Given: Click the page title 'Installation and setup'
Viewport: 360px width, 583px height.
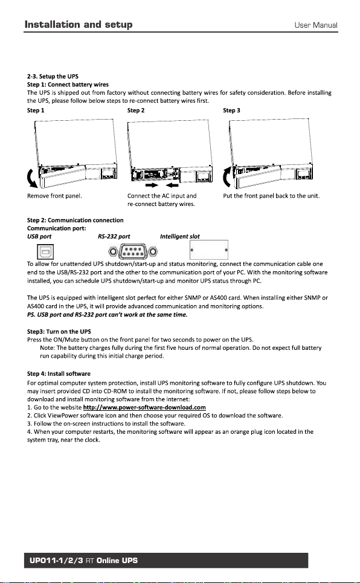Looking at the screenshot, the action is [x=79, y=25].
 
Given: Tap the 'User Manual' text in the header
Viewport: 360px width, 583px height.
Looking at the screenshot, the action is [x=316, y=25].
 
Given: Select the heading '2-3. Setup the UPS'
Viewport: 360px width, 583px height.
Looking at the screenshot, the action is [x=53, y=76].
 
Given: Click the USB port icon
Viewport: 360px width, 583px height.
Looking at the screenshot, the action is [x=45, y=252].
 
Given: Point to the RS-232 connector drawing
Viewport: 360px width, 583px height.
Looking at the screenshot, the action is [x=133, y=252].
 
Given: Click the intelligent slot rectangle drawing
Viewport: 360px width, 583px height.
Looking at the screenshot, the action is [x=209, y=250].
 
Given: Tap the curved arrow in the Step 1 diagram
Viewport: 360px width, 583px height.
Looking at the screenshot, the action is [x=31, y=178].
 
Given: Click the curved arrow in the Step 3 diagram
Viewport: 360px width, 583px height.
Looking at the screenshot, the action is [x=227, y=178].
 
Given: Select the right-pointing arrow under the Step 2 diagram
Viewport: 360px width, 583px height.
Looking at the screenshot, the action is [x=152, y=185].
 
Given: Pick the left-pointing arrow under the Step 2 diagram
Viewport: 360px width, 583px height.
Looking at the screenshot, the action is [x=172, y=185].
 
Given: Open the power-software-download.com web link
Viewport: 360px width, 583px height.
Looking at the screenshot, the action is [x=144, y=407].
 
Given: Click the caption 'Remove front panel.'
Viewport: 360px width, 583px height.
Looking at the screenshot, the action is [x=54, y=196].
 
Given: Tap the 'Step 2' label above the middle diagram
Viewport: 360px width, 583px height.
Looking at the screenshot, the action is [x=136, y=110].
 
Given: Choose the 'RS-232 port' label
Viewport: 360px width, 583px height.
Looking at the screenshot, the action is [x=114, y=236].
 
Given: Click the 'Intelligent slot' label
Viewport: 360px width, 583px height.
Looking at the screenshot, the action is [x=179, y=236].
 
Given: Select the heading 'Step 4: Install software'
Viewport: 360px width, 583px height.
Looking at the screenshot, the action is [x=59, y=374].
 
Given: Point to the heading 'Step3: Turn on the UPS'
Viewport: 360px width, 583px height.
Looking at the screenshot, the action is [x=59, y=331].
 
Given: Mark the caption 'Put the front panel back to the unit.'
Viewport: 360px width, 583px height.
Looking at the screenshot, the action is [x=271, y=196].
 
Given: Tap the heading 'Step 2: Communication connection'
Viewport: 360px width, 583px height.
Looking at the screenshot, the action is [x=75, y=220].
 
